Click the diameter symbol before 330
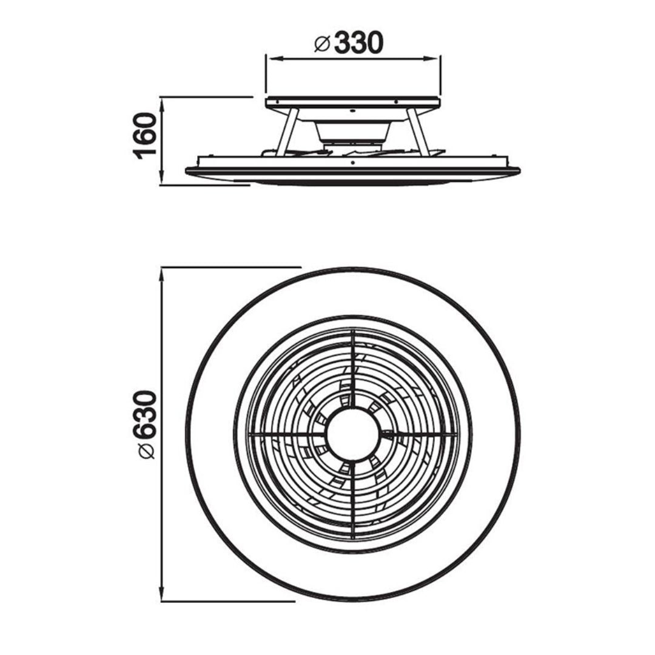tap(322, 44)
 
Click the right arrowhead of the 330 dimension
tap(434, 58)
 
